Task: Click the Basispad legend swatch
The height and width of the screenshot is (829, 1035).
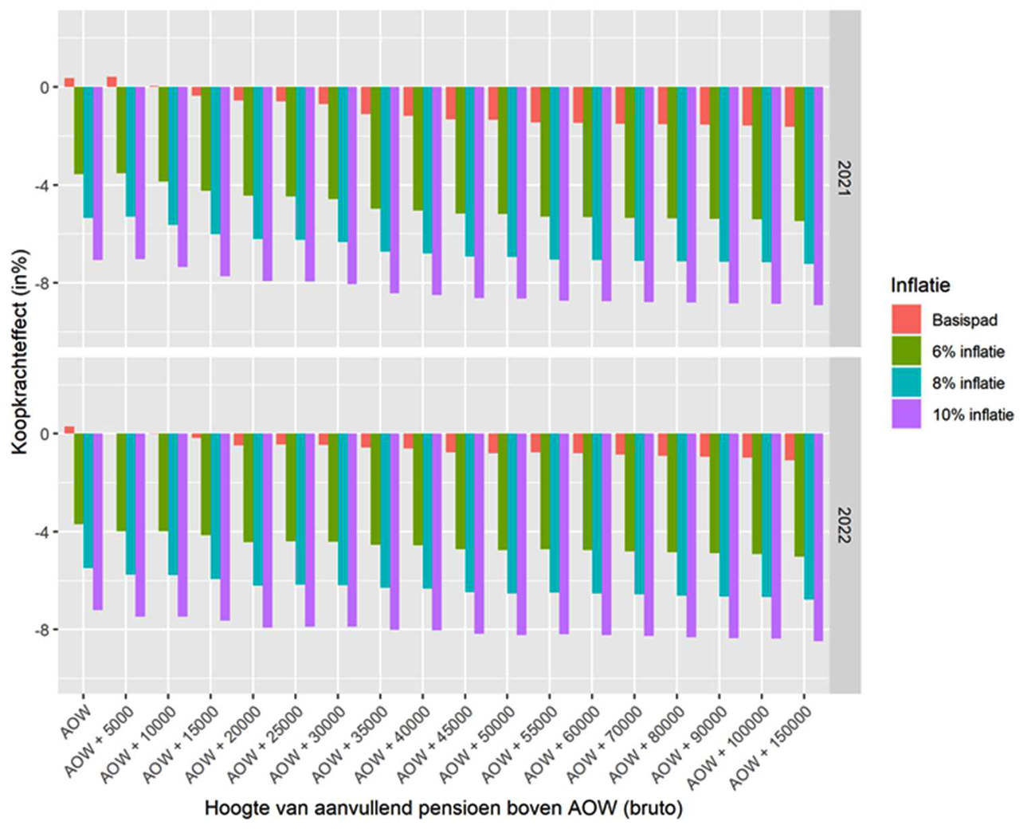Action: pyautogui.click(x=906, y=320)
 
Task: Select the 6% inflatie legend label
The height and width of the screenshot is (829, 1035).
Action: pyautogui.click(x=968, y=352)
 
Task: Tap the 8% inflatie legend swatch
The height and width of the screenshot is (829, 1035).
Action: pyautogui.click(x=906, y=383)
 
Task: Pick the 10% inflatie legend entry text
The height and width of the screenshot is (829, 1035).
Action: pyautogui.click(x=973, y=414)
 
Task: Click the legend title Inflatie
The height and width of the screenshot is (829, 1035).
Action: pyautogui.click(x=920, y=285)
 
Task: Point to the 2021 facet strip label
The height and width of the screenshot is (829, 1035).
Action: pyautogui.click(x=845, y=179)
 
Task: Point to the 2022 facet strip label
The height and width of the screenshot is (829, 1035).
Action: pyautogui.click(x=845, y=525)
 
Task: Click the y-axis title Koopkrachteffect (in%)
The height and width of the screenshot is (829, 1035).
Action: pyautogui.click(x=20, y=352)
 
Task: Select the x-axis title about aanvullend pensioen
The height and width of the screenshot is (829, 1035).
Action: pyautogui.click(x=444, y=808)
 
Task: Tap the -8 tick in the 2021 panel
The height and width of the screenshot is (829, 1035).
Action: pyautogui.click(x=40, y=284)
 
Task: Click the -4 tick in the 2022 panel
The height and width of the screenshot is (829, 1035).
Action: pyautogui.click(x=40, y=532)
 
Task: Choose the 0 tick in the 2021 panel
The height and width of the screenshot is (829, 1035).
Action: pyautogui.click(x=45, y=88)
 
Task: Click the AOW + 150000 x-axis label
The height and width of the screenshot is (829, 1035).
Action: pyautogui.click(x=771, y=747)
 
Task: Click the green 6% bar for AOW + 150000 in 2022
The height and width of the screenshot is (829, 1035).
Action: pyautogui.click(x=799, y=495)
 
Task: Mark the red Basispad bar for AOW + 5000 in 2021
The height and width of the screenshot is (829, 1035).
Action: pyautogui.click(x=112, y=82)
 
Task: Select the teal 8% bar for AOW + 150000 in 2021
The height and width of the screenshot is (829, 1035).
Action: pyautogui.click(x=809, y=175)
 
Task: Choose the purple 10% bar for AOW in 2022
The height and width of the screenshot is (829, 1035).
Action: pyautogui.click(x=98, y=521)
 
